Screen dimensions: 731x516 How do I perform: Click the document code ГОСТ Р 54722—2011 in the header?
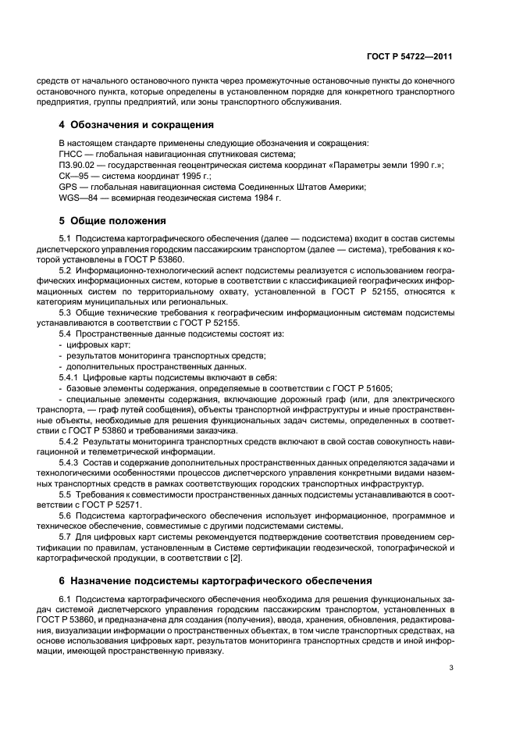click(x=410, y=57)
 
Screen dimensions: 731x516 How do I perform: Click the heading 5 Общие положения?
click(x=112, y=220)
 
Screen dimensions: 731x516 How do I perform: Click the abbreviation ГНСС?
click(x=71, y=155)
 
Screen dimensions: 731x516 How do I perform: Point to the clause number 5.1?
click(x=66, y=237)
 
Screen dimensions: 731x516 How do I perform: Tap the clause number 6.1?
click(x=66, y=597)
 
